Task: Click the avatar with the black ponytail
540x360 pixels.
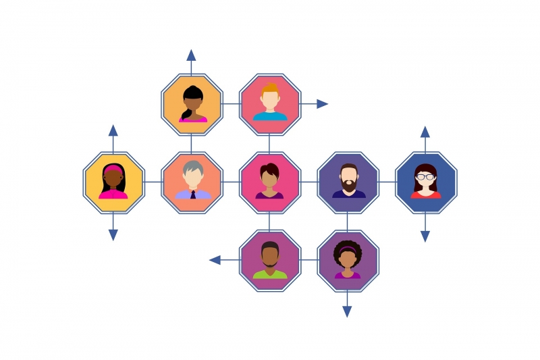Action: pos(192,104)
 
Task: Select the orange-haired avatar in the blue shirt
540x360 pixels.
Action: pos(270,104)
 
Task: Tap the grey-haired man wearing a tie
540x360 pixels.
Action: pos(192,182)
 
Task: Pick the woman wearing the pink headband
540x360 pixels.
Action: pos(113,182)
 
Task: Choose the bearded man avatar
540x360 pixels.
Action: pos(348,182)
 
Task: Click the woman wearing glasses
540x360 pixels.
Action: pos(426,182)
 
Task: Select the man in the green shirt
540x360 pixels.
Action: pos(270,261)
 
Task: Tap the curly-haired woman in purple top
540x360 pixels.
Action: pos(348,261)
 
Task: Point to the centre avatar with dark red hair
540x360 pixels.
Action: pos(270,182)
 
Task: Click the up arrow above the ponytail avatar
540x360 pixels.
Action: pos(192,55)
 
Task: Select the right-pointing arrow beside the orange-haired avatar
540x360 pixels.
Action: pos(322,104)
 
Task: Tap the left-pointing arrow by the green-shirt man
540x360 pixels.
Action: pos(215,260)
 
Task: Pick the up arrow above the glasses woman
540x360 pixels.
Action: pos(425,131)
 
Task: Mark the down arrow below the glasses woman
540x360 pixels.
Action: pos(425,236)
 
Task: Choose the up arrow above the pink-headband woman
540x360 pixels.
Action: pos(113,130)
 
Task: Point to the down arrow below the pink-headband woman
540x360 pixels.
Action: pos(113,235)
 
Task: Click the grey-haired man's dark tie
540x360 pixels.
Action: pos(193,195)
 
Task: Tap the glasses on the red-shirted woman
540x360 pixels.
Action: pos(426,177)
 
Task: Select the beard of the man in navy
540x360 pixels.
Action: pos(348,184)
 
